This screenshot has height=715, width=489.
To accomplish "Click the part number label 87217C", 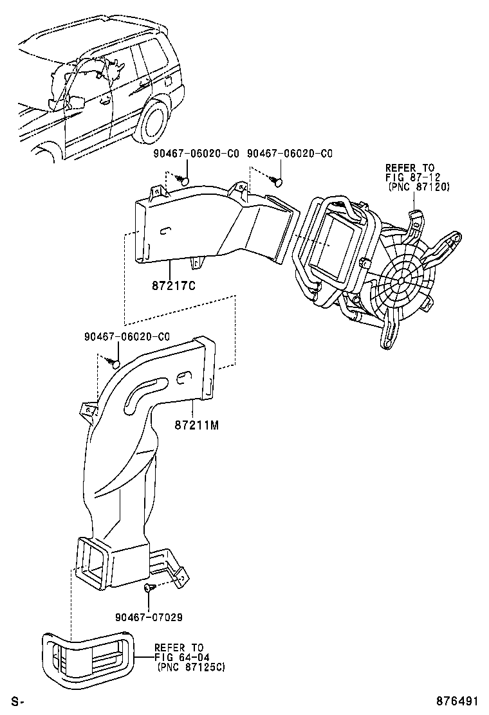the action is (x=173, y=286).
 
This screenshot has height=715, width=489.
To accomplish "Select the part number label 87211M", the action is (x=197, y=425).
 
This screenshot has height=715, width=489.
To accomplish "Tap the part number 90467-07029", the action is (x=149, y=617).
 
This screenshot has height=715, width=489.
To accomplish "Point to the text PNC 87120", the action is (x=419, y=186).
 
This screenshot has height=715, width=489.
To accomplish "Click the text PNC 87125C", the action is (x=191, y=667).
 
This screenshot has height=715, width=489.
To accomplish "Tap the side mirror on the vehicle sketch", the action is (x=76, y=103).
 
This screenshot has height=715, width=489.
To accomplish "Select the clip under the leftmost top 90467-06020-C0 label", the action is (x=182, y=180).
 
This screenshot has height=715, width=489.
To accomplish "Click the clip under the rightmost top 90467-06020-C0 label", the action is (x=277, y=181).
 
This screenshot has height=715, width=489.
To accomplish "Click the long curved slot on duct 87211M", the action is (x=142, y=389).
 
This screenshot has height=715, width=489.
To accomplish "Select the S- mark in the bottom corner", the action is (x=17, y=701).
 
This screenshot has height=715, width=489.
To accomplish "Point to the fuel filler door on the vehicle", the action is (x=168, y=83).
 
